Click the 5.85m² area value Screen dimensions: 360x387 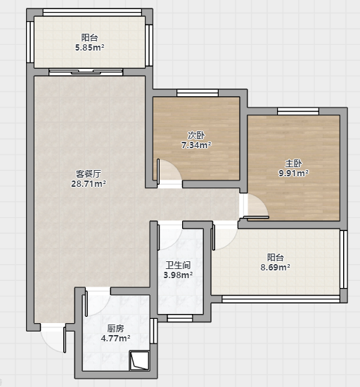89,47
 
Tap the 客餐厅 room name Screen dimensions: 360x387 88,174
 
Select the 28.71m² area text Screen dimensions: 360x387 89,184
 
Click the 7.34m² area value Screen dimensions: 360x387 196,145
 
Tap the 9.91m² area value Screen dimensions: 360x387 293,173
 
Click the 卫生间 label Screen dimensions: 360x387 178,265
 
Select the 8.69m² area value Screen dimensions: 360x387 275,268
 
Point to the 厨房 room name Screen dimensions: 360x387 115,329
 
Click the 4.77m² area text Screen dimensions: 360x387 115,339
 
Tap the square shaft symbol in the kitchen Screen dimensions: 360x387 139,361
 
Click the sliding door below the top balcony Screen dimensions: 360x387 86,72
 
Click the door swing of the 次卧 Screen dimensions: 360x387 169,171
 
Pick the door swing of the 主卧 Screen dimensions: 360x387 256,206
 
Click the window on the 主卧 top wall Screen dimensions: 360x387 298,111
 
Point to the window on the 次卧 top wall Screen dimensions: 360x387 198,93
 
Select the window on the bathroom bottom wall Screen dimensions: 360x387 179,318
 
